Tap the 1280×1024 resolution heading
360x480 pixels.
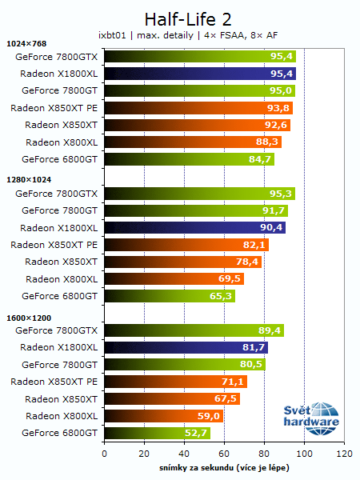coord(28,180)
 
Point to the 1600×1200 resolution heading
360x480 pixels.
coord(28,318)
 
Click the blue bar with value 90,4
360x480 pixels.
coord(194,227)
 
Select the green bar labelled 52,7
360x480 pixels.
coord(157,433)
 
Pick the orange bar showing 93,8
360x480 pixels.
coord(198,108)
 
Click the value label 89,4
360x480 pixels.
coord(269,330)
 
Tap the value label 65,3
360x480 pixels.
coord(221,296)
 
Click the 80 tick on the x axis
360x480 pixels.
coord(264,454)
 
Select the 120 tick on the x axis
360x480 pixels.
coord(344,454)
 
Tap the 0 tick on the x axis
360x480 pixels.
coord(104,454)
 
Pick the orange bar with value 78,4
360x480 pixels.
coord(182,262)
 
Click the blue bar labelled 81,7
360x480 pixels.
coord(186,347)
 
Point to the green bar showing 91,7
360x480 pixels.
coord(196,210)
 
